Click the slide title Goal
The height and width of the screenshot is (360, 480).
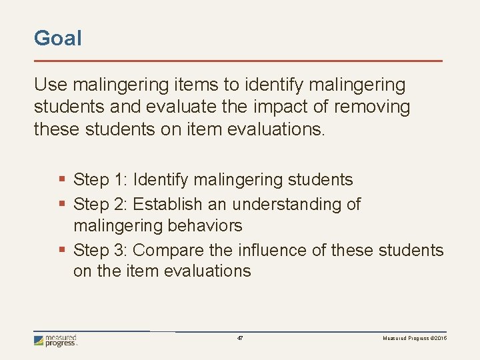[x=58, y=38]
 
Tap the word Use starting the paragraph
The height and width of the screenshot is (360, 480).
[x=50, y=85]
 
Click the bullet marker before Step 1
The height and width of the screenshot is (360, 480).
[x=63, y=180]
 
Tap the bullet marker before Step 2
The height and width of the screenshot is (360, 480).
[x=63, y=204]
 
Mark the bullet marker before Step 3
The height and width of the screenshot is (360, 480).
[x=63, y=251]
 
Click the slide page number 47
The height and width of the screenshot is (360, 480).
[x=240, y=339]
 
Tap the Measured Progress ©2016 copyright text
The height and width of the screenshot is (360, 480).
[x=415, y=339]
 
